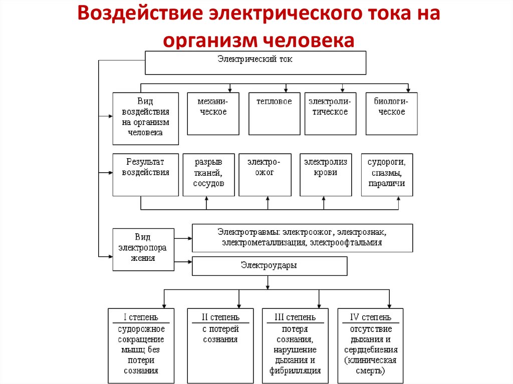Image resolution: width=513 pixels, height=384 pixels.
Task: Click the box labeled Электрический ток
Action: click(x=255, y=63)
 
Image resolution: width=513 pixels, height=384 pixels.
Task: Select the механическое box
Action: click(x=213, y=114)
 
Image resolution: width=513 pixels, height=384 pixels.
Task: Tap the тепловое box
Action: click(x=274, y=114)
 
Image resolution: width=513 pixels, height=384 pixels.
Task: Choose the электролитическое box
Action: click(x=330, y=114)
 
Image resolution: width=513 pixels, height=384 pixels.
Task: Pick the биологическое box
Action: click(x=392, y=114)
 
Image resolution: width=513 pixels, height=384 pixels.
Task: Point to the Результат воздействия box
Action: click(x=145, y=174)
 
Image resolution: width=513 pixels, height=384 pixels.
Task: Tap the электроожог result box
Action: click(x=265, y=174)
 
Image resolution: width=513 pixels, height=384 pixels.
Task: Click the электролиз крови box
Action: click(x=326, y=174)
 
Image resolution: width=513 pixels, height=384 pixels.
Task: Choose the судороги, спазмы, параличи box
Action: click(x=387, y=174)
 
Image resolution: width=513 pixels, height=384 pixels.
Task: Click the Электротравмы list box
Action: click(x=302, y=238)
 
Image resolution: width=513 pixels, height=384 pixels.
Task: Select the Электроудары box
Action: click(x=270, y=266)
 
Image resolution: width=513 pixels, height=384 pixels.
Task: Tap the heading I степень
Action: click(x=141, y=317)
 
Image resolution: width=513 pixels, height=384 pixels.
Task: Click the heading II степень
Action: click(x=220, y=317)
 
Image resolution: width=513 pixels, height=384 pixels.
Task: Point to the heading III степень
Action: click(x=295, y=317)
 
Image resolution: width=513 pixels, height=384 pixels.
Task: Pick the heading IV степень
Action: click(x=371, y=317)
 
